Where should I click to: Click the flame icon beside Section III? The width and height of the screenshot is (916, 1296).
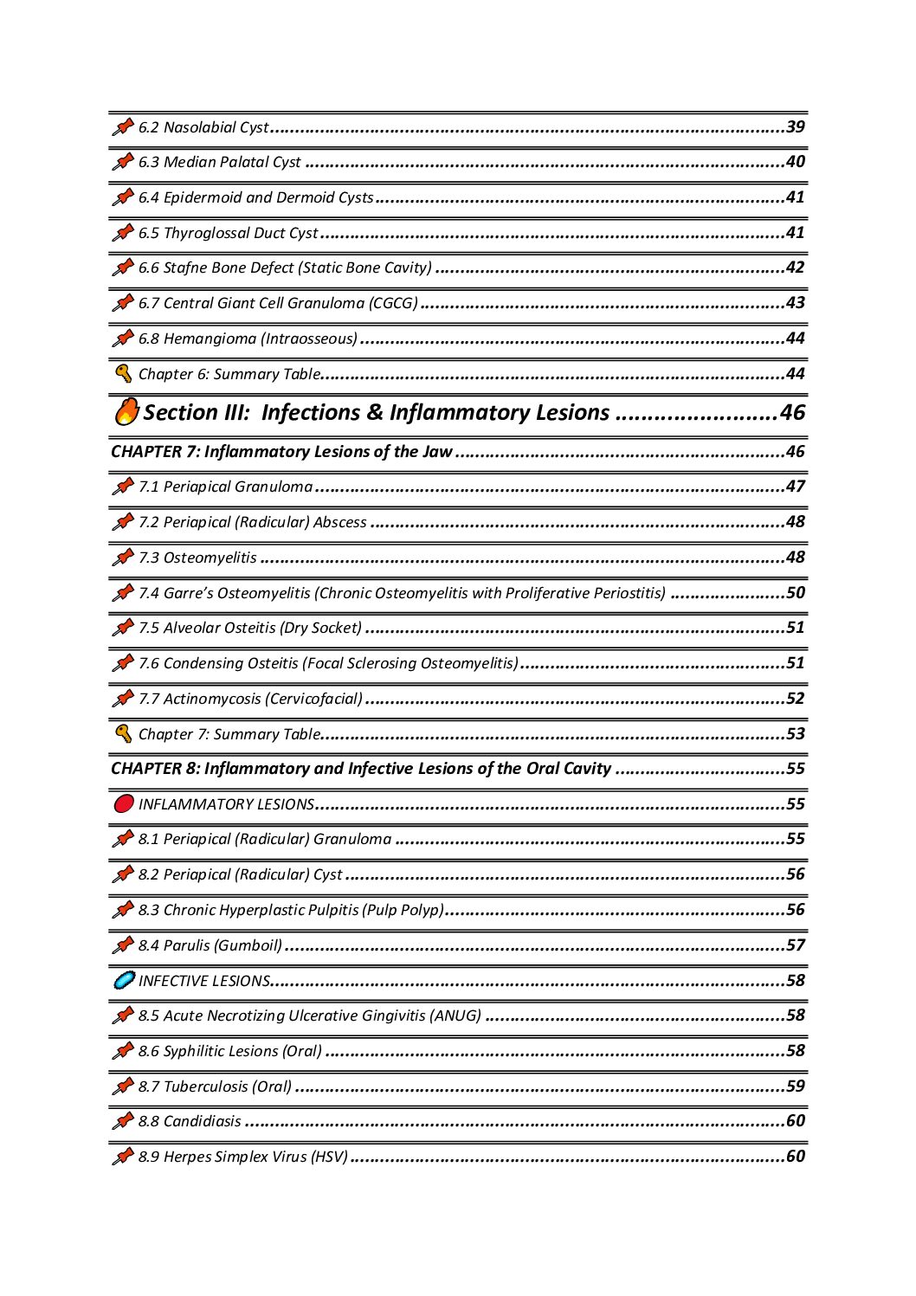click(126, 411)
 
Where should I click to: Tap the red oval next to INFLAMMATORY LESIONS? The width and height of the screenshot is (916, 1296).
click(124, 804)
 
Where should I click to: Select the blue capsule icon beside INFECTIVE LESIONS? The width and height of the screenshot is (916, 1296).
click(124, 981)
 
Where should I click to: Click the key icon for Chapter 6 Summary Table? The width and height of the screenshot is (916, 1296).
click(124, 374)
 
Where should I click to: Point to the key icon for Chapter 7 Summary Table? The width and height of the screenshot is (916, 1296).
click(124, 734)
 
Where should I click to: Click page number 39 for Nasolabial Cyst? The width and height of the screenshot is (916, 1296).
click(795, 127)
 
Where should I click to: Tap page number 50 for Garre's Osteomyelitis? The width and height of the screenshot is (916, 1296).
click(795, 593)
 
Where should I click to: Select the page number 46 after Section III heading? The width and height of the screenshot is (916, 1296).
click(791, 412)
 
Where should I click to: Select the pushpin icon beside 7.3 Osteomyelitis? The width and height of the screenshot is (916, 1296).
click(123, 558)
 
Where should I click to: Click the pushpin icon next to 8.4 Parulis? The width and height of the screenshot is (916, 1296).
click(123, 945)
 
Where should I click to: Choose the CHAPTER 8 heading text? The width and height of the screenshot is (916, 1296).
click(360, 769)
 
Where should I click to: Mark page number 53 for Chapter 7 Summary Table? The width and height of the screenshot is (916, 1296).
click(795, 734)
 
